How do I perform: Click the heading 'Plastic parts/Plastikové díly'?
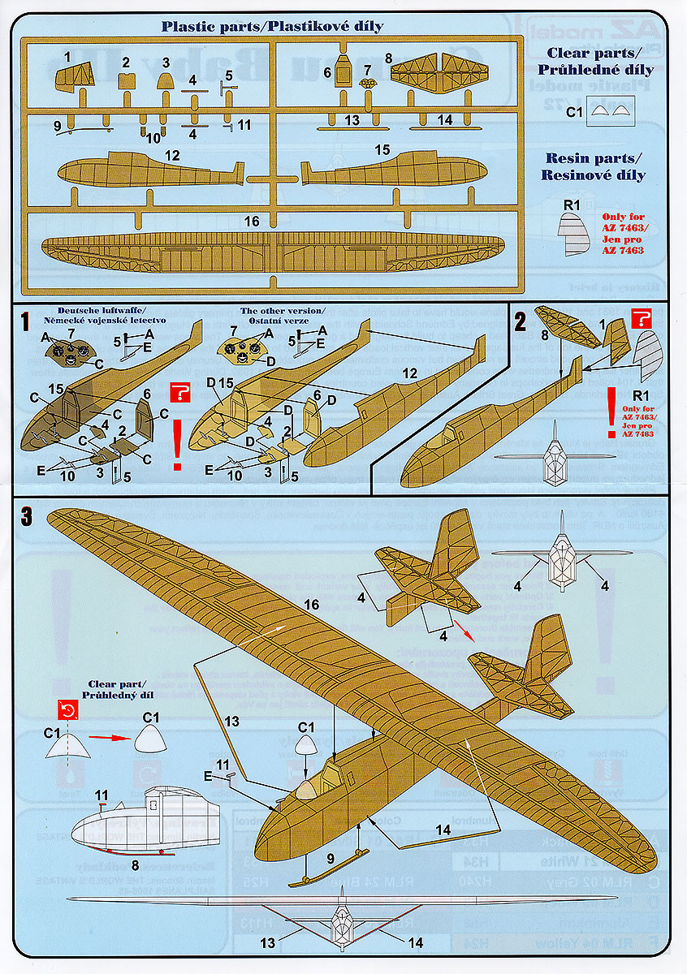[x=271, y=26]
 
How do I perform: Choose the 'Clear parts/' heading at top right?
[x=598, y=54]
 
